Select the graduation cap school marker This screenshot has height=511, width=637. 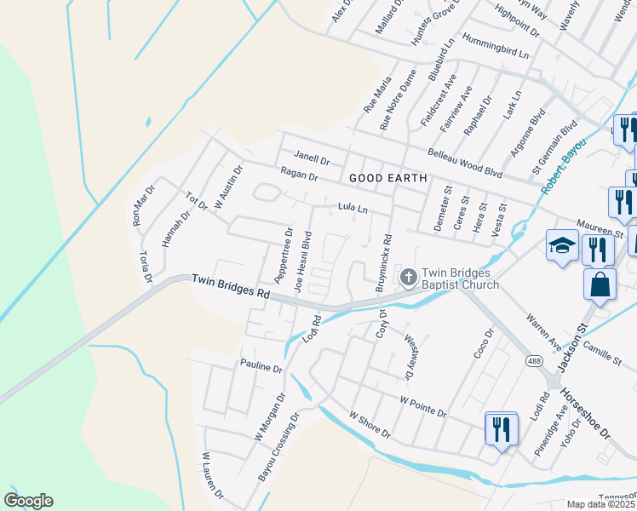pos(562,247)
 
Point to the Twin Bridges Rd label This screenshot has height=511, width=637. pos(231,286)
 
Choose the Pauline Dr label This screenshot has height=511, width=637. pos(261,368)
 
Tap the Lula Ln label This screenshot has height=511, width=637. pos(352,207)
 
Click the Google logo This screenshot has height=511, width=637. pos(28,501)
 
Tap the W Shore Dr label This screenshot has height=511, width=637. pos(369,423)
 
